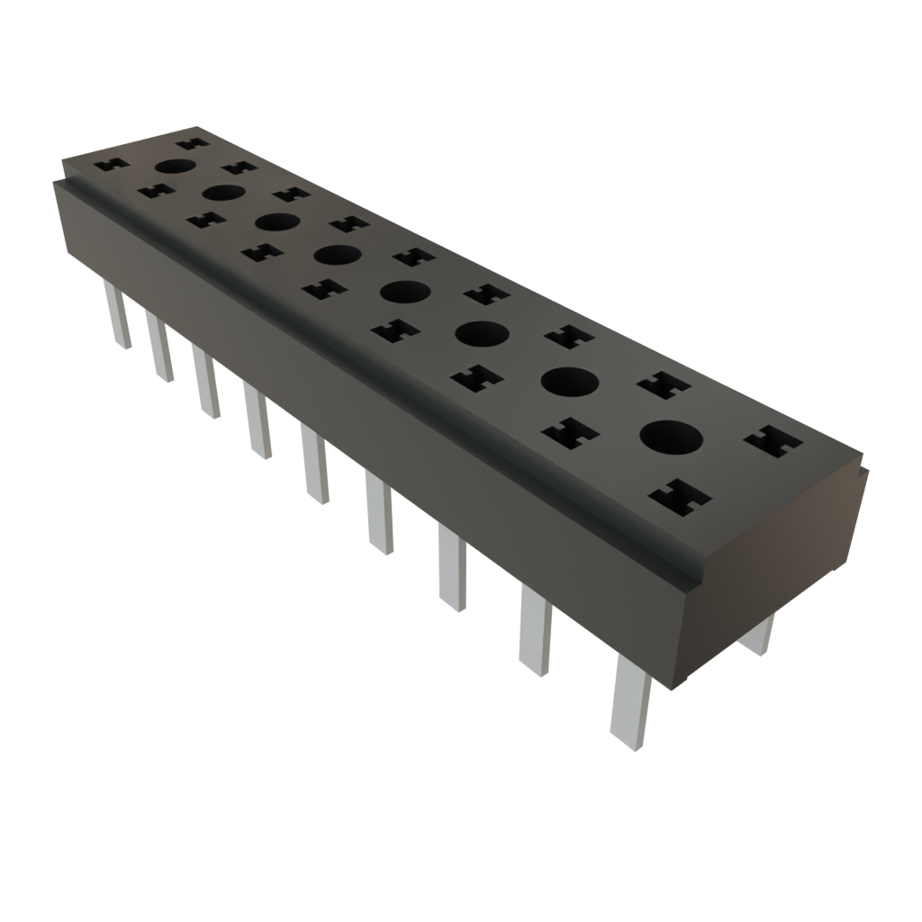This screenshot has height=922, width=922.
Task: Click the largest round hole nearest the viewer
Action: [672, 438]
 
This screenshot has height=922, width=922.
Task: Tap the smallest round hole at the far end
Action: [176, 166]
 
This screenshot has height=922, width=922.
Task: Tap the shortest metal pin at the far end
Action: [117, 315]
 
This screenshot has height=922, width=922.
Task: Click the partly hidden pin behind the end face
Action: [757, 634]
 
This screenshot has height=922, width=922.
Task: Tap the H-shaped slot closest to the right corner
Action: [773, 442]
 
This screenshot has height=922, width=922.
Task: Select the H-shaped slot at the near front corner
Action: [680, 496]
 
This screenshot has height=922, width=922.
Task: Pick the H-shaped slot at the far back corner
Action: [192, 142]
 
